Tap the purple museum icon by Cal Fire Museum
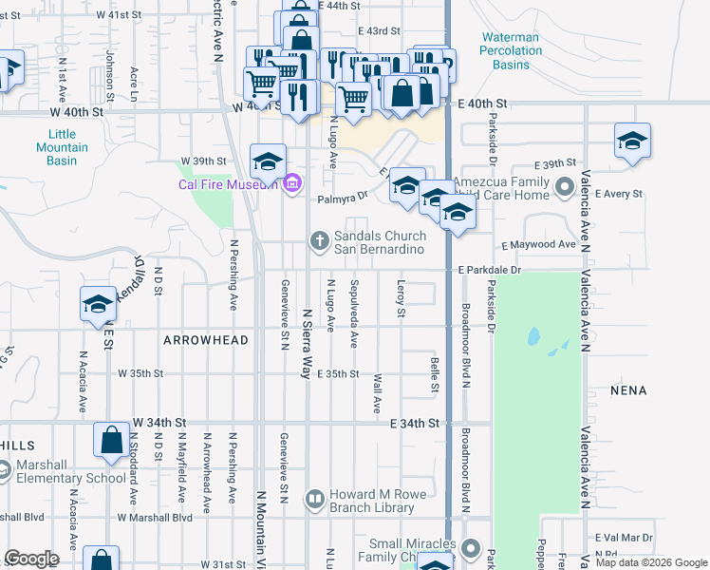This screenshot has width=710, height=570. (292, 182)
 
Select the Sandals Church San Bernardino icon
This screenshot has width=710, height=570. (321, 241)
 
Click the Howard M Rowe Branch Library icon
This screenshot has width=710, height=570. (315, 499)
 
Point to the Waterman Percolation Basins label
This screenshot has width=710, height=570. (510, 51)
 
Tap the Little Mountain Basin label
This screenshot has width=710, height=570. (62, 147)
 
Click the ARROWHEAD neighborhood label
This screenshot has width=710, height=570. (206, 340)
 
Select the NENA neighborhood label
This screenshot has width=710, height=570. (628, 390)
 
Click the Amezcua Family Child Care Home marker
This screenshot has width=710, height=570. (565, 186)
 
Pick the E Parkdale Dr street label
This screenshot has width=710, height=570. (490, 270)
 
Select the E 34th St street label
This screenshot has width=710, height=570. (416, 423)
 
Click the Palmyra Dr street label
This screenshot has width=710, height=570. (343, 199)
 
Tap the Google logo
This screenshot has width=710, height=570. (31, 558)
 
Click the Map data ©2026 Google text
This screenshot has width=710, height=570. (651, 562)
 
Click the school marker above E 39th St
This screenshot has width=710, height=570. (632, 143)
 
